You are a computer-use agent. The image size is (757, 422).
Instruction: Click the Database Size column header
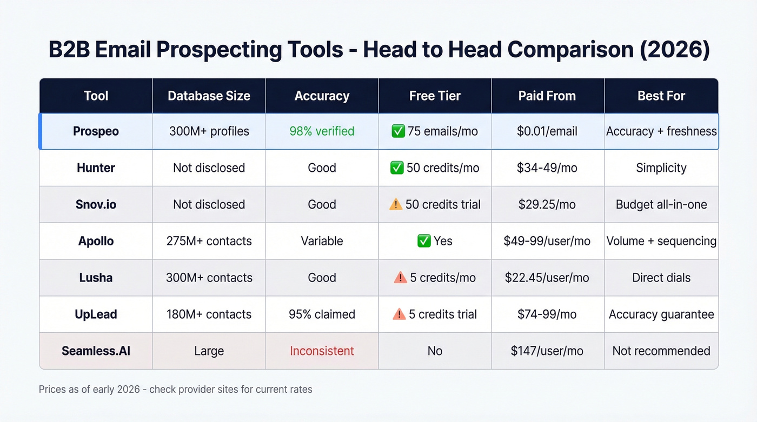coord(209,96)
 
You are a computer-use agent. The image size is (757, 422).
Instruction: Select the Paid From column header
coord(547,96)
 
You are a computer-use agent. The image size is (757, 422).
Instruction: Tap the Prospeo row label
coord(96,131)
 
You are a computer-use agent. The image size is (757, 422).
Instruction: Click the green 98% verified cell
coord(322,131)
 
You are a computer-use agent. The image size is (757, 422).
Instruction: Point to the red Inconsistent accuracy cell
coord(322,351)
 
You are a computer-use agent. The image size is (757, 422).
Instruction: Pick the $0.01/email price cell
coord(547,131)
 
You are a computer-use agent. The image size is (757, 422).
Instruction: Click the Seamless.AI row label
coord(96,351)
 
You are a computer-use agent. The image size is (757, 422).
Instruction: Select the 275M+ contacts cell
coord(209,241)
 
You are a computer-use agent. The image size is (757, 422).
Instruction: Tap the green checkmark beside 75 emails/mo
coord(397,131)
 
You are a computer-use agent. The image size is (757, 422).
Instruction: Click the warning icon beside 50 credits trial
coord(396,205)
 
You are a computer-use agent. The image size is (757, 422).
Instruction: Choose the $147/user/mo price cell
coord(547,351)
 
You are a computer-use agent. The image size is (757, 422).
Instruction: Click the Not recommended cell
coord(661,351)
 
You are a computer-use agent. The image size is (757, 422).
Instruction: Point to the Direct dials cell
coord(661,278)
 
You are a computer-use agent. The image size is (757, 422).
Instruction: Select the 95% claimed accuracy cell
coord(322,314)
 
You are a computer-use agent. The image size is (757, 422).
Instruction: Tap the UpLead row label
coord(96,314)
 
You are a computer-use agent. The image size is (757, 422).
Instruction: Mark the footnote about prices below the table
coord(175,389)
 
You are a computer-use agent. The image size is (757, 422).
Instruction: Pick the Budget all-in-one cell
coord(661,205)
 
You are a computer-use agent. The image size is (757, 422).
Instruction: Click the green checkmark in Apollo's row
coord(424,241)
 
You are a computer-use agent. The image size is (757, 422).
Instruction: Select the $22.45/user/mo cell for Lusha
coord(547,278)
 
